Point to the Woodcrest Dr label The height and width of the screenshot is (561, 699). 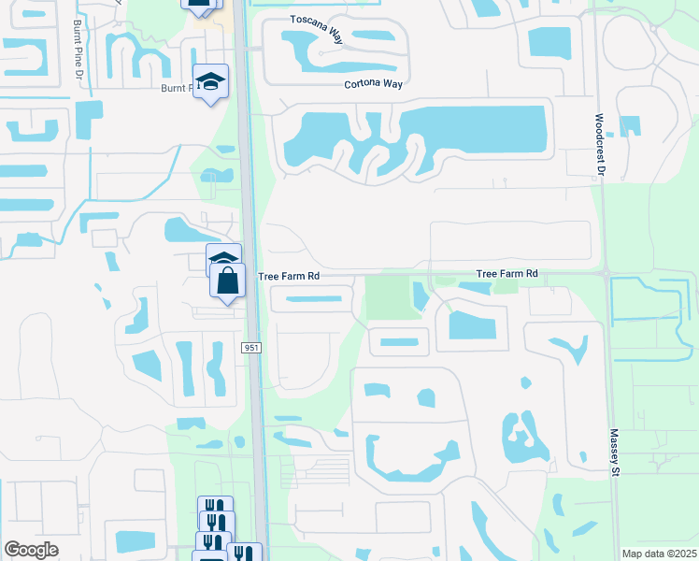pos(598,146)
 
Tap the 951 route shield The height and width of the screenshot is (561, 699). pos(250,348)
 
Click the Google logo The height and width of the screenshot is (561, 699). pos(31,550)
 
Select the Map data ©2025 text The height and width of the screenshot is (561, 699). pos(658,554)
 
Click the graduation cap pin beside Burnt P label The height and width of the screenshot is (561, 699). pos(211,81)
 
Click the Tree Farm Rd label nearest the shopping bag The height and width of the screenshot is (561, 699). pos(289,276)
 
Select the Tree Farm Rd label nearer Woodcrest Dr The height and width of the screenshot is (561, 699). pos(507,273)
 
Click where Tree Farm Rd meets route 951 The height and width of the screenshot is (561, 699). pos(251,276)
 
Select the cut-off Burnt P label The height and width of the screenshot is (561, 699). pos(176,88)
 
